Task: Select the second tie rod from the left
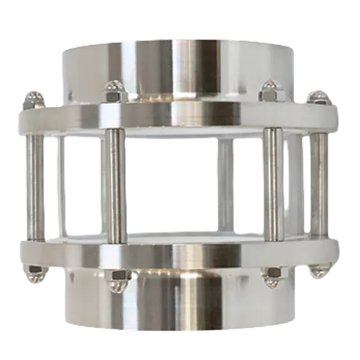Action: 112,186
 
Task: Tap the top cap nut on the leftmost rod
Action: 33,99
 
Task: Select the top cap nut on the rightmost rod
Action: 319,97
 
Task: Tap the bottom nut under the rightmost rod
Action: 318,271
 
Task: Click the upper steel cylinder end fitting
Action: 180,67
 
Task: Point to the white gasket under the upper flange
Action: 180,132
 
